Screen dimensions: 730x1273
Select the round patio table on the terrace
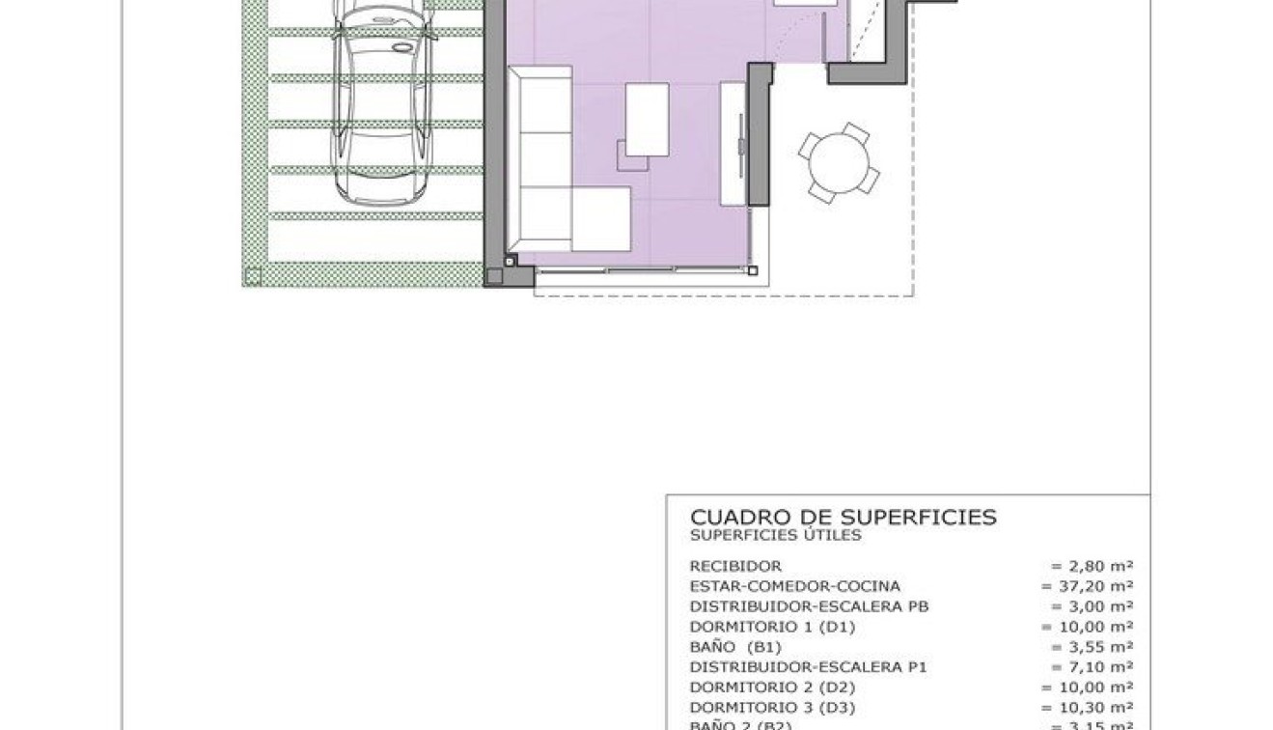pyautogui.click(x=839, y=163)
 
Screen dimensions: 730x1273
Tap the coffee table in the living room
pyautogui.click(x=647, y=120)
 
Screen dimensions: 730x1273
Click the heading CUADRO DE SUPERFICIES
pyautogui.click(x=843, y=518)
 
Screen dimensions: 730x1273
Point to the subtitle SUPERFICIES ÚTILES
pyautogui.click(x=775, y=535)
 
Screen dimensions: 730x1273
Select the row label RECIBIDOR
pyautogui.click(x=735, y=566)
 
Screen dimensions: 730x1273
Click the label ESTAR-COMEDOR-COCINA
pyautogui.click(x=794, y=586)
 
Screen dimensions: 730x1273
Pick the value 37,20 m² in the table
pyautogui.click(x=1087, y=586)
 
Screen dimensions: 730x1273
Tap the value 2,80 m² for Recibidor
pyautogui.click(x=1092, y=566)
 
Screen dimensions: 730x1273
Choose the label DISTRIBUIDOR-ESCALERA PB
pyautogui.click(x=810, y=606)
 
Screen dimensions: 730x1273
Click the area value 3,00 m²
pyautogui.click(x=1092, y=606)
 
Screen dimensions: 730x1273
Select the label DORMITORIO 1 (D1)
pyautogui.click(x=772, y=627)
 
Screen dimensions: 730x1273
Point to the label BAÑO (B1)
pyautogui.click(x=734, y=647)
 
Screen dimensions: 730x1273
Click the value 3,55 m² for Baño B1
pyautogui.click(x=1092, y=647)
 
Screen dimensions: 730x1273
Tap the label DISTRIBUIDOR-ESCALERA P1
pyautogui.click(x=810, y=667)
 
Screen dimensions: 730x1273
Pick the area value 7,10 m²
pyautogui.click(x=1092, y=667)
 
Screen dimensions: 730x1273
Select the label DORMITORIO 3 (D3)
pyautogui.click(x=772, y=708)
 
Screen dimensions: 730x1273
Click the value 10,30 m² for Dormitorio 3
pyautogui.click(x=1087, y=708)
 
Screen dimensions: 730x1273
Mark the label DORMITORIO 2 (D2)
pyautogui.click(x=772, y=688)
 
